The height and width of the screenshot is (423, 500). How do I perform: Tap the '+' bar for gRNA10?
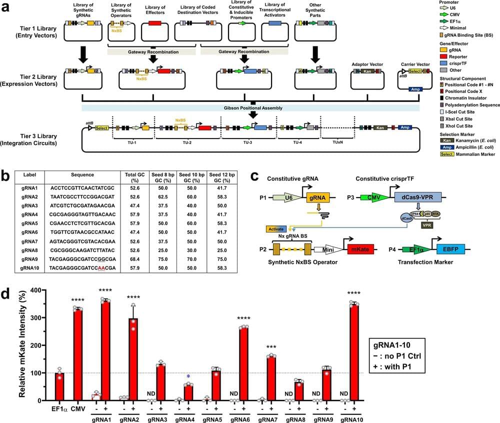pyautogui.click(x=354, y=352)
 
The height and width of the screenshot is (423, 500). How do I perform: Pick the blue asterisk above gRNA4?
pyautogui.click(x=188, y=377)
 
